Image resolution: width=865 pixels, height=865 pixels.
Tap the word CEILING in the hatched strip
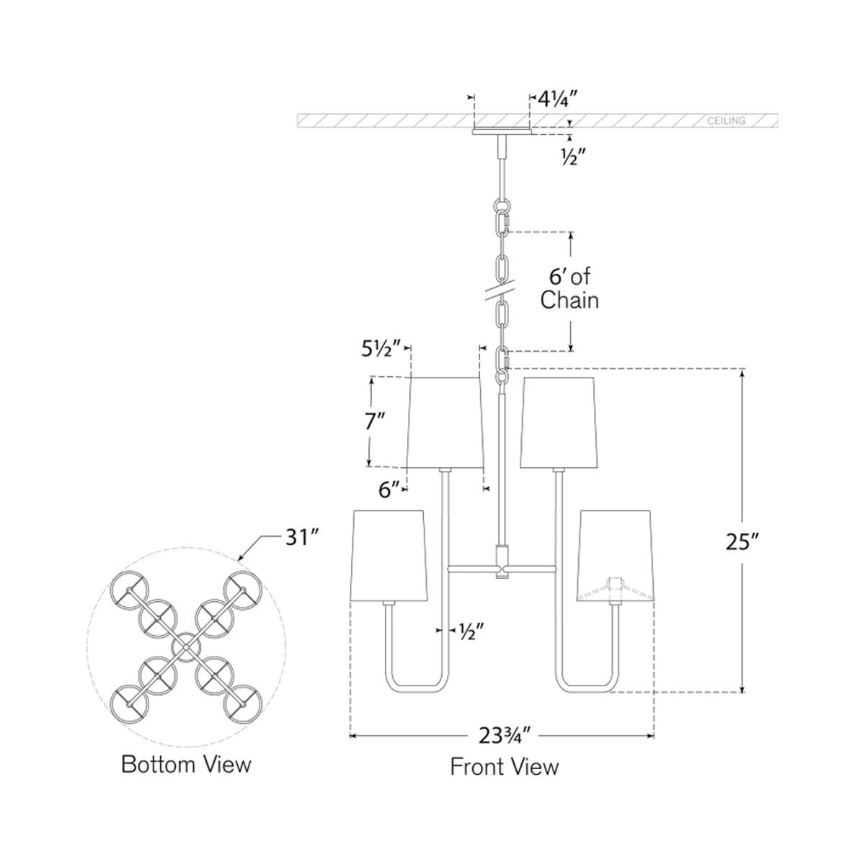tap(726, 121)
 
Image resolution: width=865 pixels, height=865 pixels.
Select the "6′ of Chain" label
tap(569, 288)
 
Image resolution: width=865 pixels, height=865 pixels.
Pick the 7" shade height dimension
tap(376, 422)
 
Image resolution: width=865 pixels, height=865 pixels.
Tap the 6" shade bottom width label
tap(389, 489)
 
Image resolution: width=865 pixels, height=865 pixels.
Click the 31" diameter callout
tap(298, 537)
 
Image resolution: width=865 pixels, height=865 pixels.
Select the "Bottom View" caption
tap(186, 764)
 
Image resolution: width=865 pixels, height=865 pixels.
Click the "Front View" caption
tap(504, 766)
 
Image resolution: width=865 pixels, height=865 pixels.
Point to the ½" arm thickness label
tap(469, 630)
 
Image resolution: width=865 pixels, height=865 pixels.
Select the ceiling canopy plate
tap(502, 132)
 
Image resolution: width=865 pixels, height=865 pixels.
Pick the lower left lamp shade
tap(388, 555)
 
